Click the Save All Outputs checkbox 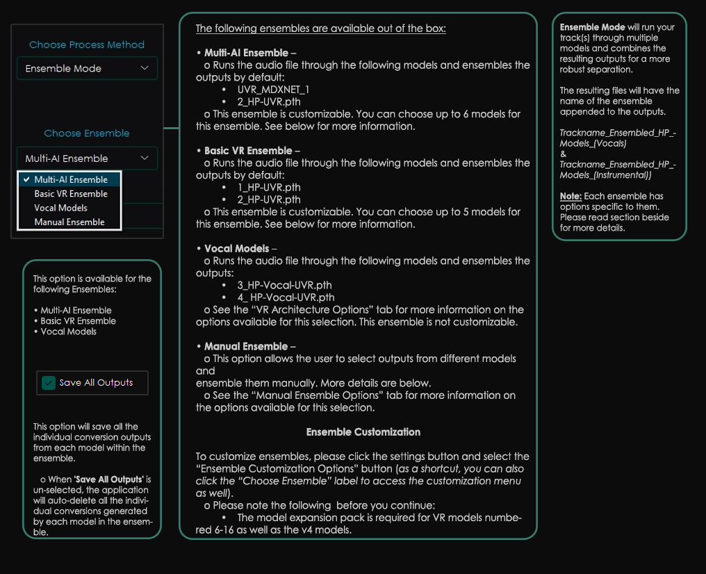[49, 383]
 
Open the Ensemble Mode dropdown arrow [145, 68]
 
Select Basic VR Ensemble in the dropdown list [71, 194]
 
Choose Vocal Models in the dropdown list [61, 208]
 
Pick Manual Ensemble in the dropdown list [69, 222]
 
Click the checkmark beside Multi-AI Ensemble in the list [26, 179]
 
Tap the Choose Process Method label [87, 44]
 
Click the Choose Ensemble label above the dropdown [87, 133]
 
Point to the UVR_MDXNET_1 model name [273, 90]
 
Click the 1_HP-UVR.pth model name [269, 187]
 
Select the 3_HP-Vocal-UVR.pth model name [284, 285]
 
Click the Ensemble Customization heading [363, 432]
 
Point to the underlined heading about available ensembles [320, 28]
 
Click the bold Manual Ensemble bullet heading [246, 346]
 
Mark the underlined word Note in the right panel [570, 196]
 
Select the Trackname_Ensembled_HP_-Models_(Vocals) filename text [618, 138]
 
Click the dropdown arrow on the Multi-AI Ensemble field [145, 158]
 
